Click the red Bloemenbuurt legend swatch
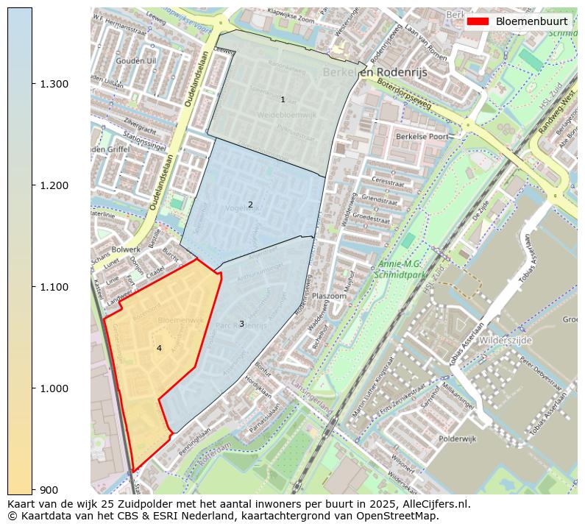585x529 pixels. click(x=478, y=21)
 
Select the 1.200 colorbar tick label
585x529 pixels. click(x=54, y=185)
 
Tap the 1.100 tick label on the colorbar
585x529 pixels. click(x=54, y=287)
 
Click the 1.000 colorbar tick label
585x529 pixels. click(x=54, y=388)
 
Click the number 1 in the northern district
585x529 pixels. click(x=283, y=99)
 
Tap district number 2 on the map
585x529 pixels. click(x=250, y=205)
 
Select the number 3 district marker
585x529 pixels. click(x=241, y=324)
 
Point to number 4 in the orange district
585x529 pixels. click(x=159, y=348)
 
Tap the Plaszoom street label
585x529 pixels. click(x=329, y=296)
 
